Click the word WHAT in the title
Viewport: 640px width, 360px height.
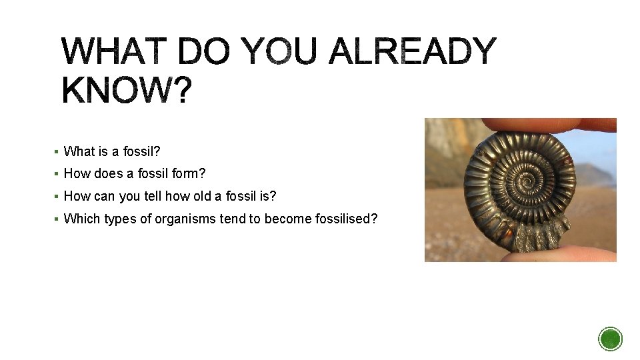coord(114,53)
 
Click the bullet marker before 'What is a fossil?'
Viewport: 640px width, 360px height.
coord(57,152)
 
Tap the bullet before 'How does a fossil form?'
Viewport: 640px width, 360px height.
coord(57,175)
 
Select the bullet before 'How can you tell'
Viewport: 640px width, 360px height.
coord(57,197)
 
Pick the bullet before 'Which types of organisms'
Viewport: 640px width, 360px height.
coord(57,219)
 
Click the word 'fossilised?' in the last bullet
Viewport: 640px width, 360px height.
coord(344,219)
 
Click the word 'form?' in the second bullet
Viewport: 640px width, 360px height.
coord(191,174)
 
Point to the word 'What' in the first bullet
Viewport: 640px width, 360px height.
coord(78,152)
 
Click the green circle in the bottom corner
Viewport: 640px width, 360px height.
coord(610,339)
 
